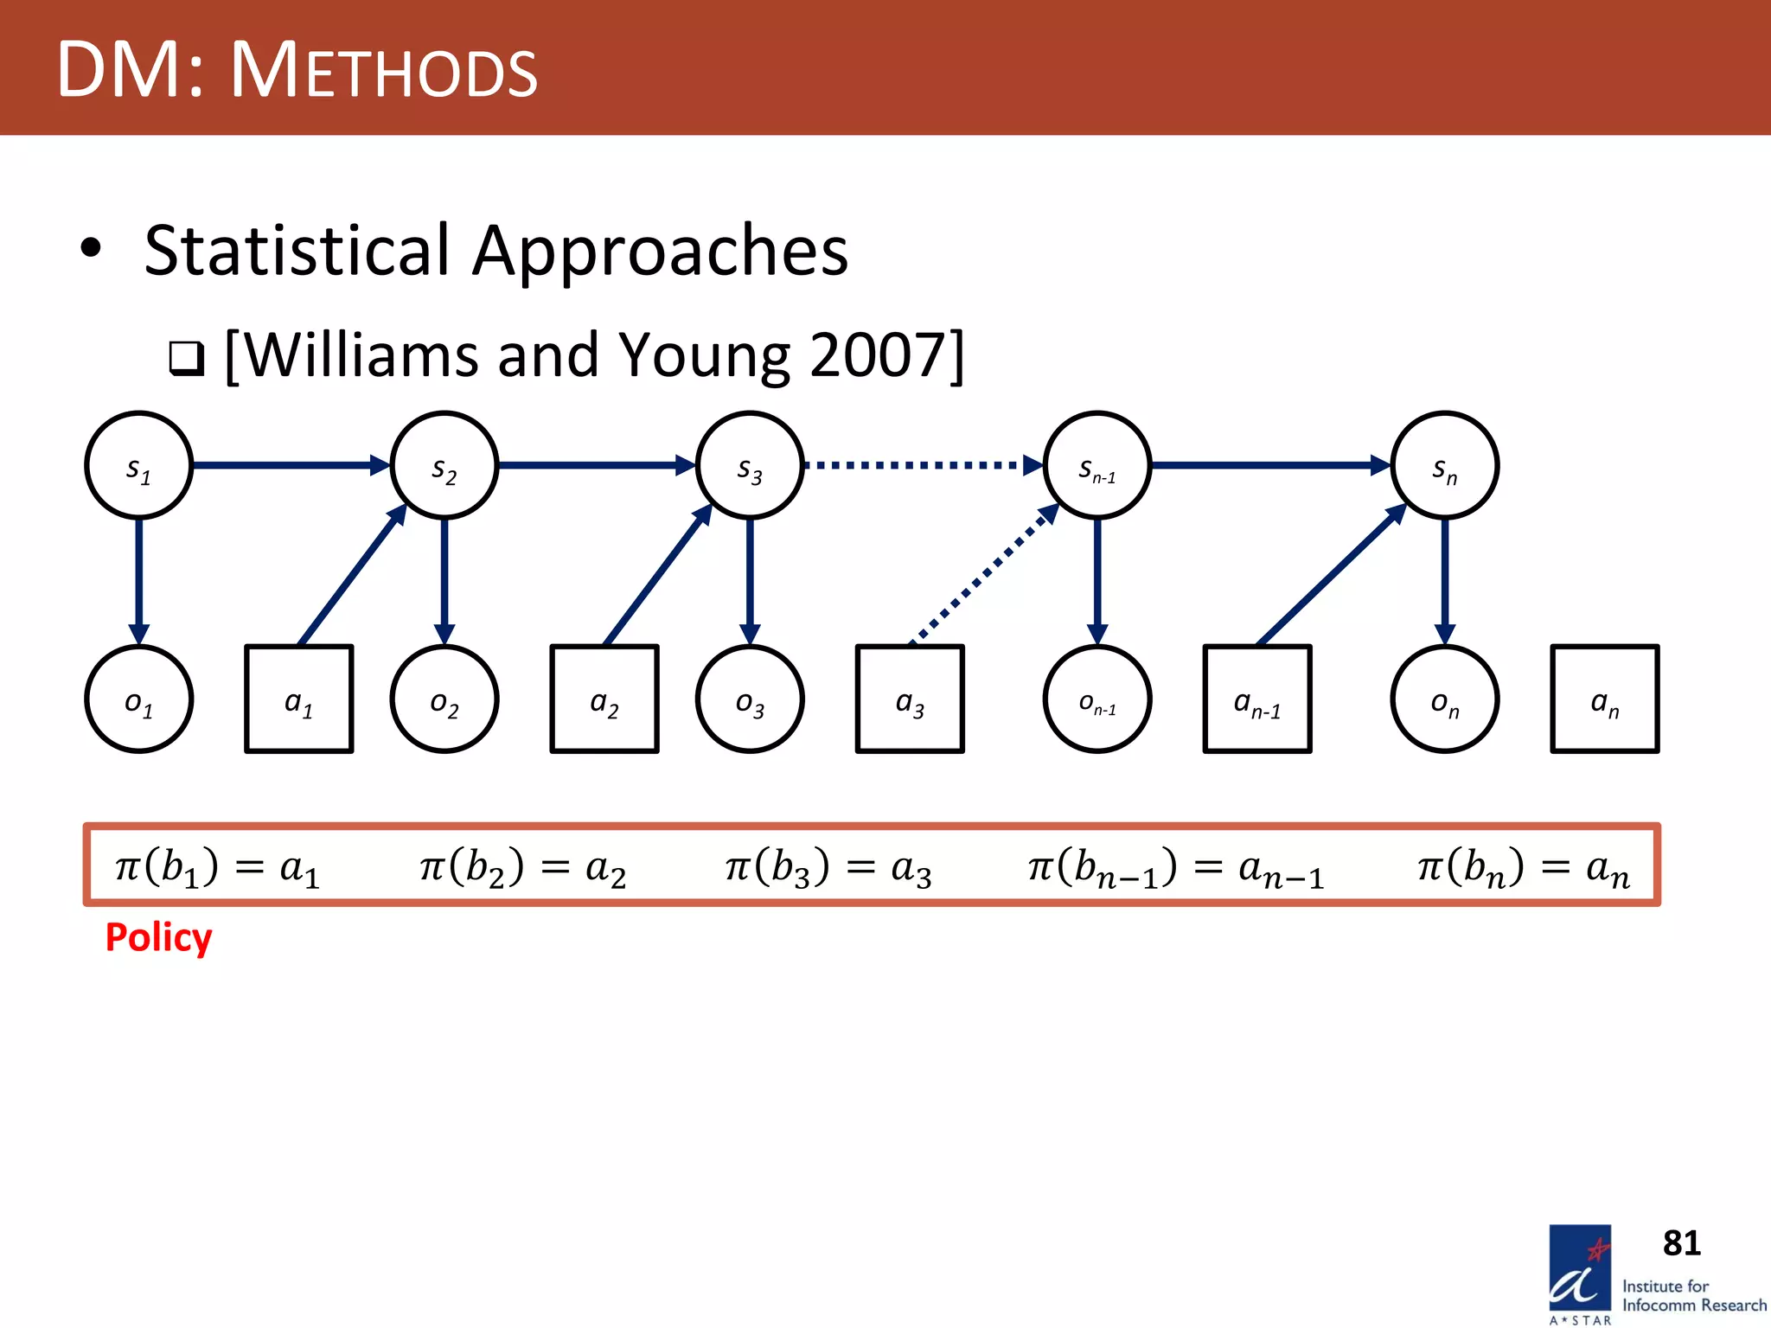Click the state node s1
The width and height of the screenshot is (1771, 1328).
click(x=138, y=465)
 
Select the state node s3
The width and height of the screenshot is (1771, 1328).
click(x=750, y=465)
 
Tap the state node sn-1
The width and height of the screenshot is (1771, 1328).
click(x=1097, y=465)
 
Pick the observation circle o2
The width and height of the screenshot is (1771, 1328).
click(x=444, y=699)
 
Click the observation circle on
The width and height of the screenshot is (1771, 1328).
click(x=1444, y=699)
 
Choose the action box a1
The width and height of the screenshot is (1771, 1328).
click(x=299, y=699)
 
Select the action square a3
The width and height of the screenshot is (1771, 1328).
click(x=910, y=699)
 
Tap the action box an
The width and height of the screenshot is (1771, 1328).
click(x=1605, y=699)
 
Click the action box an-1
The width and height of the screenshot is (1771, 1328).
click(x=1257, y=699)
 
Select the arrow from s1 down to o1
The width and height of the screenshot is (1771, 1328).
click(x=138, y=579)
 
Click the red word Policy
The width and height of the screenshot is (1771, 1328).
click(x=158, y=937)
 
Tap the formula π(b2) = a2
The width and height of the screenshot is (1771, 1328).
click(x=522, y=867)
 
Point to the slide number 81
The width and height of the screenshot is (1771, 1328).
click(x=1681, y=1243)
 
